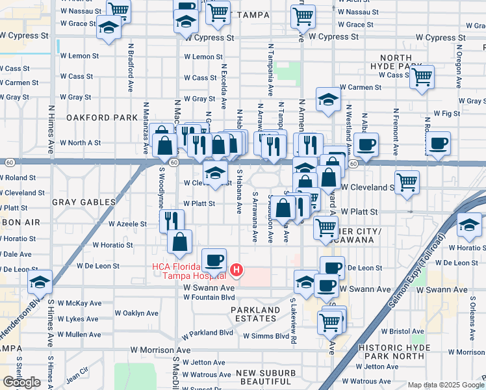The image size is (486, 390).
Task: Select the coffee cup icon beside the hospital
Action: point(214,261)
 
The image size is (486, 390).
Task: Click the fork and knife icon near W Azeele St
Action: point(172,220)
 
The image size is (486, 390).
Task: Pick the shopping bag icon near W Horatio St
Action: point(180,241)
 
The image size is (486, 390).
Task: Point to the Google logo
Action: point(21,382)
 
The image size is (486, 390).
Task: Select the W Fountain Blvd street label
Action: point(209,298)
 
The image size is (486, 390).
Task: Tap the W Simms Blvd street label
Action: point(266,336)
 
